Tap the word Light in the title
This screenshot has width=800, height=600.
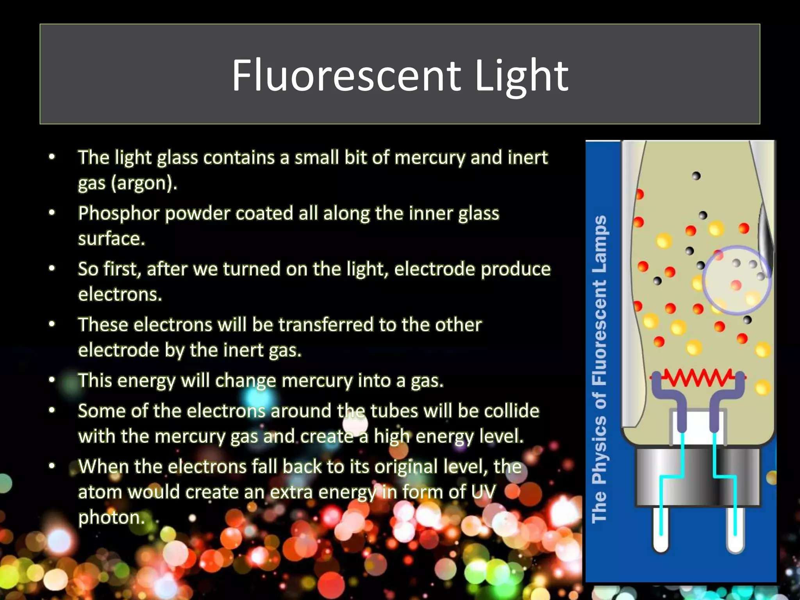pos(521,76)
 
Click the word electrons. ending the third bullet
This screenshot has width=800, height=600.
pos(120,294)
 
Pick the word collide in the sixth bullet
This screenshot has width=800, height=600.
pos(512,411)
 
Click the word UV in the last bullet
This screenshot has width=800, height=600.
pos(484,492)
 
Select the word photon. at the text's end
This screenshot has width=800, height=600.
pos(111,518)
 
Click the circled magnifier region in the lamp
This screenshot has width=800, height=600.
pos(736,280)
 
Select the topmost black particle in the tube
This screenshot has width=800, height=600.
pos(696,176)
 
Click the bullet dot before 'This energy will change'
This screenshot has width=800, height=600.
pos(52,380)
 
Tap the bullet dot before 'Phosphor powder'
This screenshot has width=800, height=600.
pos(52,213)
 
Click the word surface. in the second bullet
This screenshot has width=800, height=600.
pos(111,239)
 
